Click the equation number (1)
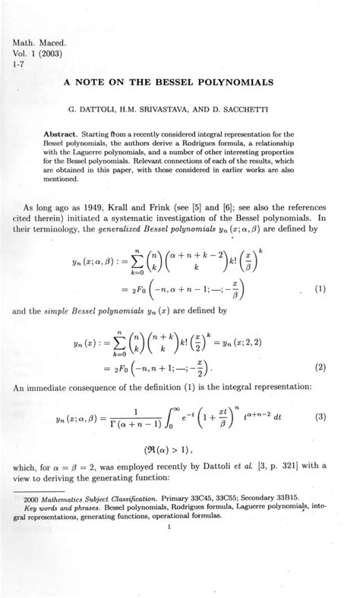point(321,288)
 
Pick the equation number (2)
point(321,368)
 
